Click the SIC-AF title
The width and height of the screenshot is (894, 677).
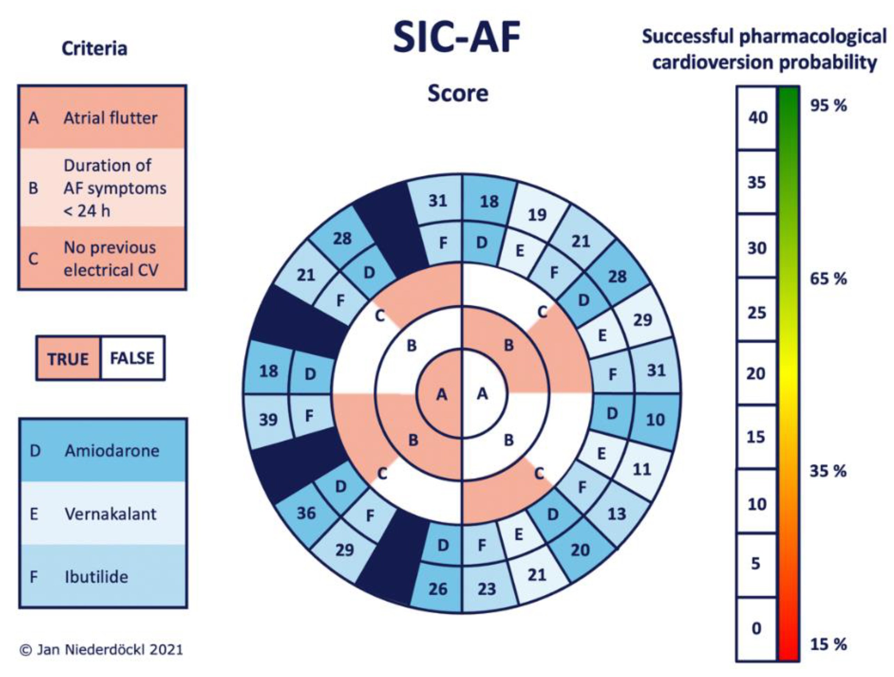coord(457,37)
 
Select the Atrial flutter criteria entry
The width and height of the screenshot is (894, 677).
coord(102,117)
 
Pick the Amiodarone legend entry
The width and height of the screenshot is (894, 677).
coord(103,450)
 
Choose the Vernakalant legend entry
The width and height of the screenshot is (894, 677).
coord(103,514)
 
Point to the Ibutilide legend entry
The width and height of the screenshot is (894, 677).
coord(103,577)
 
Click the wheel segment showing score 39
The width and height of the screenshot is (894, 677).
coord(268,420)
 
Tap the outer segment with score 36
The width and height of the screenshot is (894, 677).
coord(306,513)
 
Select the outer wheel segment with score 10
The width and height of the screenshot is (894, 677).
coord(655,420)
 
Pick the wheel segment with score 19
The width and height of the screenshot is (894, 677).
coord(537,214)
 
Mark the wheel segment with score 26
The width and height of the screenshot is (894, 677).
coord(438,589)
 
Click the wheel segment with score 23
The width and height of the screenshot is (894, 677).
coord(487,589)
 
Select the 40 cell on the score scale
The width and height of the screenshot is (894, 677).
coord(757,117)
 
